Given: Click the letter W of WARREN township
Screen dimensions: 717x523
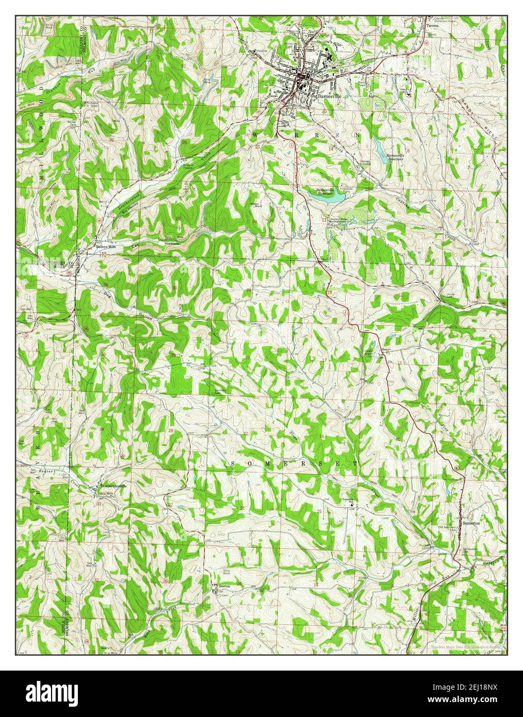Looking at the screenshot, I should pos(256,134).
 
